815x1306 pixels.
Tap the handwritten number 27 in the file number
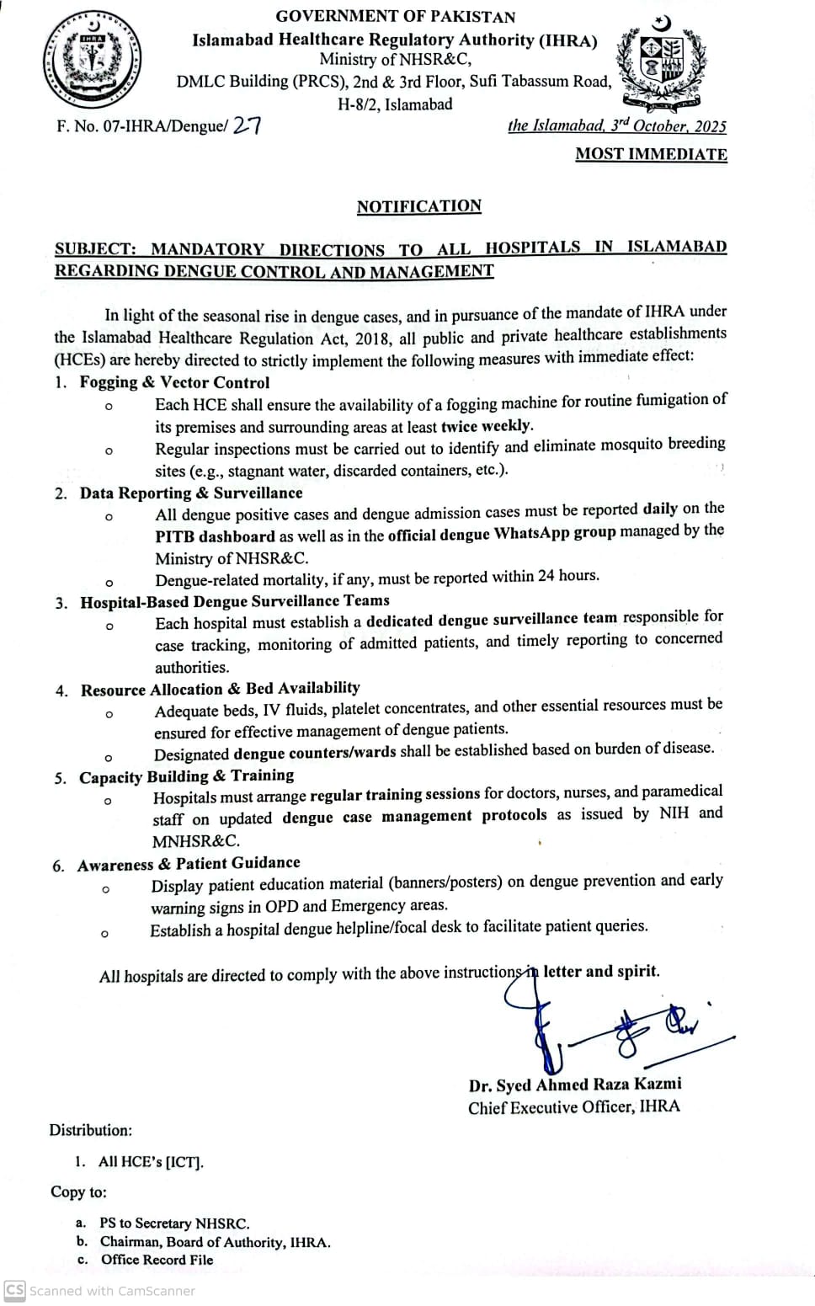(x=246, y=126)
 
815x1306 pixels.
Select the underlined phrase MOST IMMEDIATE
(x=651, y=154)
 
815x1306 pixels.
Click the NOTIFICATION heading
(x=418, y=206)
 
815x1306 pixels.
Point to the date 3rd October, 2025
(x=669, y=125)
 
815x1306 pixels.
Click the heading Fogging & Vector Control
(x=174, y=382)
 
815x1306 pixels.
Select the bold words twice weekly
(x=487, y=426)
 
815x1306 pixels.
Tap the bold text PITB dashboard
(x=215, y=536)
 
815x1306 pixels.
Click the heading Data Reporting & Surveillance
(x=191, y=493)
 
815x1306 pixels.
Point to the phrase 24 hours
(x=568, y=576)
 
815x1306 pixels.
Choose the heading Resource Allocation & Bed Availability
(x=220, y=689)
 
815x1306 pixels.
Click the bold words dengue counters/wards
(x=314, y=752)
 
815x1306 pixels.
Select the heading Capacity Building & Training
(x=186, y=776)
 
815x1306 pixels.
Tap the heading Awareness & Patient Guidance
(x=189, y=864)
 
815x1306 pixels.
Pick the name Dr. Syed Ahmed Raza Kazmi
(x=575, y=1085)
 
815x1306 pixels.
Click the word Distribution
(x=90, y=1130)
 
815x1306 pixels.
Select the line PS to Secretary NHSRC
(x=174, y=1223)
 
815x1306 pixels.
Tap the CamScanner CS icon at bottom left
(x=14, y=1290)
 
